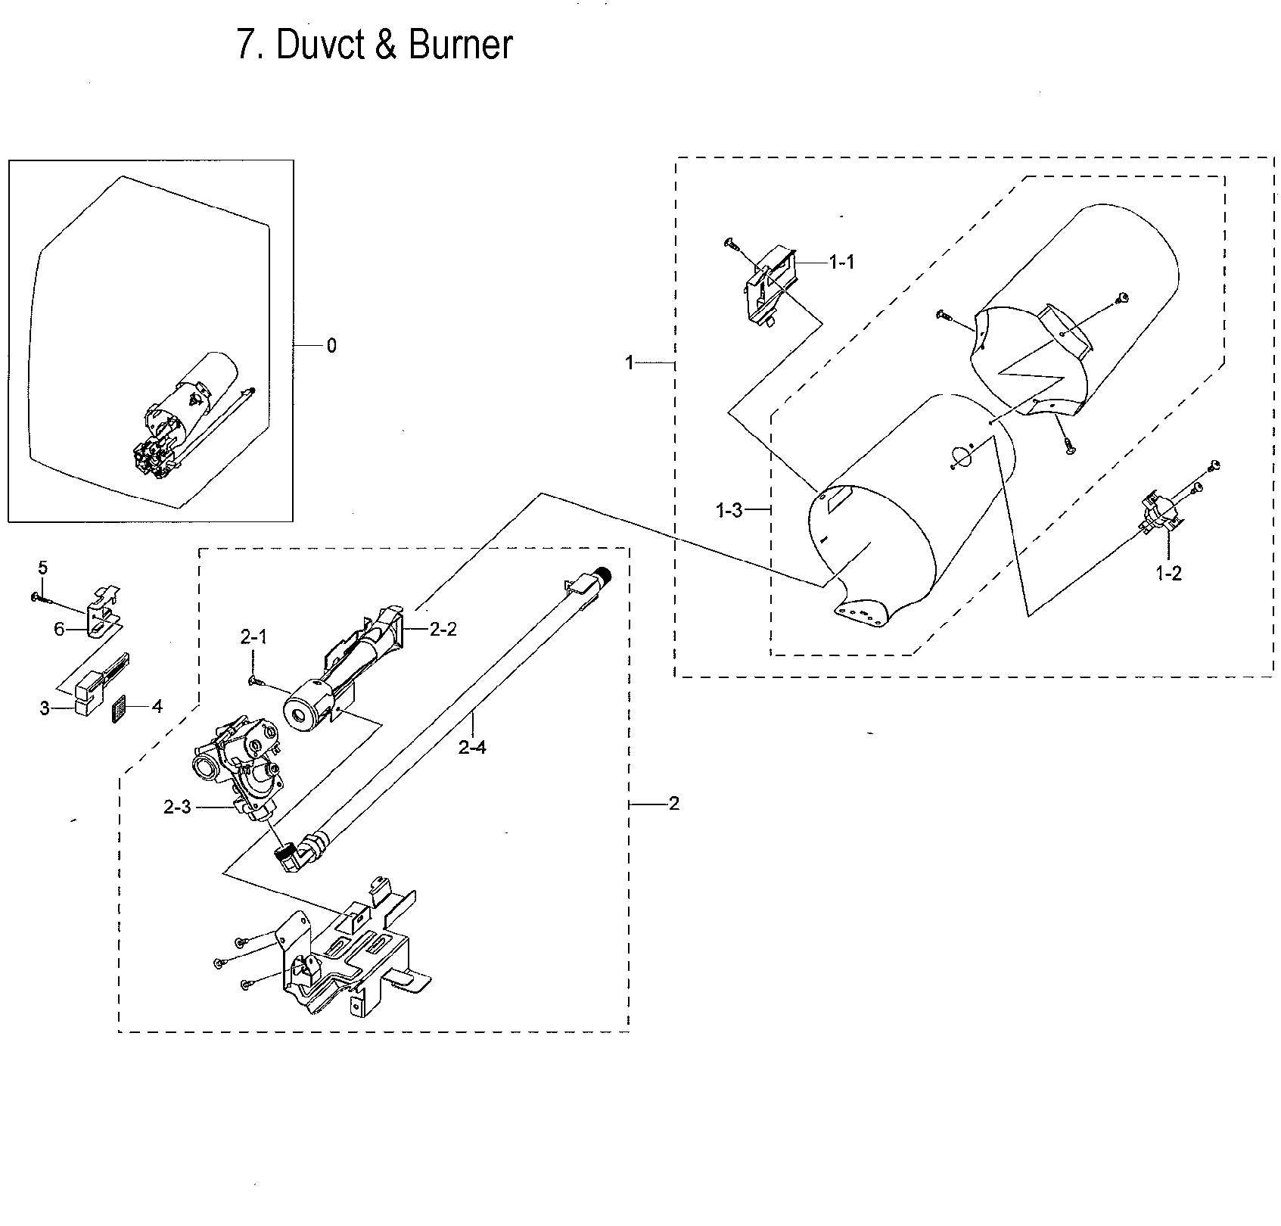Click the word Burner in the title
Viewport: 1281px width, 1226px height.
pyautogui.click(x=460, y=45)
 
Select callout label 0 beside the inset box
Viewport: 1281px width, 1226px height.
pyautogui.click(x=331, y=346)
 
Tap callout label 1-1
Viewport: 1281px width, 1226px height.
pyautogui.click(x=841, y=263)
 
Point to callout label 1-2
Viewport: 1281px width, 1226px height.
pyautogui.click(x=1168, y=574)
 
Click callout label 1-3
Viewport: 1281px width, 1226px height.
pyautogui.click(x=729, y=511)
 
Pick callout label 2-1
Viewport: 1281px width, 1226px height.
pyautogui.click(x=254, y=638)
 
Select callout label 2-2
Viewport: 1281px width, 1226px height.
pyautogui.click(x=443, y=629)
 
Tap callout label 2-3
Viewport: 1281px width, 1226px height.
pyautogui.click(x=177, y=807)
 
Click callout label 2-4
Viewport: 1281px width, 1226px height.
pyautogui.click(x=472, y=748)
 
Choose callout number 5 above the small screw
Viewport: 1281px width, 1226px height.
pyautogui.click(x=42, y=567)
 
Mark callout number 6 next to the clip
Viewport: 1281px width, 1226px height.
pyautogui.click(x=59, y=629)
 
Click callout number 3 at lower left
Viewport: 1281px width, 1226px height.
pyautogui.click(x=45, y=708)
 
